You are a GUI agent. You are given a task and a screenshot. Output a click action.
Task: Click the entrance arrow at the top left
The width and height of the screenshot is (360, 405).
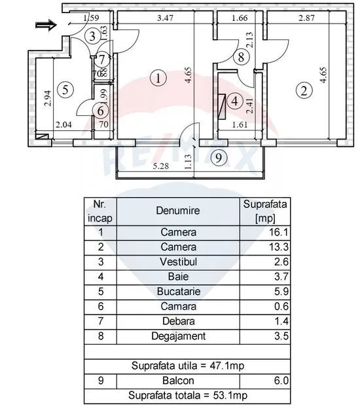point(46,25)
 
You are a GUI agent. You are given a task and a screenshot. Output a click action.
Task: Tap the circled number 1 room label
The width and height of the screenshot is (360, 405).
point(158,78)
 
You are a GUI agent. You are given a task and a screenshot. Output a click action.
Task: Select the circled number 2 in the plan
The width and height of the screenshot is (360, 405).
point(304,90)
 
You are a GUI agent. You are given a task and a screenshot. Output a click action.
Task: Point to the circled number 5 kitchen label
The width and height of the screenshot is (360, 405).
point(65,90)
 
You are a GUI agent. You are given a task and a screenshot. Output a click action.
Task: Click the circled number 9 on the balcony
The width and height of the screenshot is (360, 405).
point(219,157)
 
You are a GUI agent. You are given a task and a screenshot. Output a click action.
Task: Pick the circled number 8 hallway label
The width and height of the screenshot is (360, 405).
point(241,57)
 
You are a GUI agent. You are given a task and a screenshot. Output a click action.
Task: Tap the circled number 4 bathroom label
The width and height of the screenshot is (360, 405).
point(234,101)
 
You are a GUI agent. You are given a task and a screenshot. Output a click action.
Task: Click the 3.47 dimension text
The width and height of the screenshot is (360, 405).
point(165,18)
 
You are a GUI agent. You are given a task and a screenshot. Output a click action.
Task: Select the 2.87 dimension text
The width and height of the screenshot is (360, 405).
point(306,18)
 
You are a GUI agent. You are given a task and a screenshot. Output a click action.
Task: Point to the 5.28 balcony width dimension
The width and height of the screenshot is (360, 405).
point(161,166)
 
